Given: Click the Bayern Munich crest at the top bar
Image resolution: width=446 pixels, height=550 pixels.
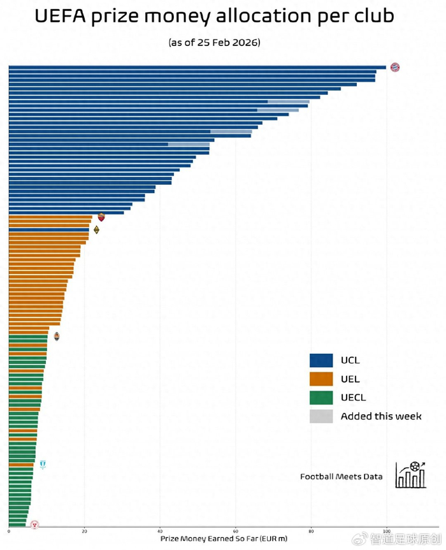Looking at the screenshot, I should [x=395, y=67].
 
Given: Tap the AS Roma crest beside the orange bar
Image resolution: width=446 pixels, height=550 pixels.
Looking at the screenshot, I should [x=101, y=217].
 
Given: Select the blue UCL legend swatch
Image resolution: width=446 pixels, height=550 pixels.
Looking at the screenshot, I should [x=321, y=360].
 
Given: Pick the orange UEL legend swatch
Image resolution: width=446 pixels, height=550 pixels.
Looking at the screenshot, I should [x=321, y=379].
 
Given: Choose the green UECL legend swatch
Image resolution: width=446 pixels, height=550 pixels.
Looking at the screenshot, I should [x=321, y=398].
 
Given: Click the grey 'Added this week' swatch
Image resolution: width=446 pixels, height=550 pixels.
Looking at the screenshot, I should [x=321, y=416].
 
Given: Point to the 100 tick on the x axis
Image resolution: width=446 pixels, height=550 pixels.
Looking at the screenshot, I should [x=386, y=530].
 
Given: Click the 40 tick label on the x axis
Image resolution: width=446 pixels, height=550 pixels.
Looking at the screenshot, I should [x=160, y=530].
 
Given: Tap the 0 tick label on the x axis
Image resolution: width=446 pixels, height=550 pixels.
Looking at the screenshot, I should [x=9, y=530].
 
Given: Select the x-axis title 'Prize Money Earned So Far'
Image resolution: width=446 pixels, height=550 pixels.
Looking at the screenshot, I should [x=223, y=539].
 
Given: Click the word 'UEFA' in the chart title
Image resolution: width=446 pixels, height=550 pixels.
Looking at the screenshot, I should [x=61, y=17].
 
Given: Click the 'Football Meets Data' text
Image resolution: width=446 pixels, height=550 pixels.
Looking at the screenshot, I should [x=342, y=476].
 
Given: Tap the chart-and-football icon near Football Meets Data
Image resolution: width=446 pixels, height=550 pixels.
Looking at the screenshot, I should [x=410, y=475].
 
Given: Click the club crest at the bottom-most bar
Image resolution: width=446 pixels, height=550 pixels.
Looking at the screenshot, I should [x=34, y=525].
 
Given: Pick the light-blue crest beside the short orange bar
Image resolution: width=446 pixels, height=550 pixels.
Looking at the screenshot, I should [x=43, y=465].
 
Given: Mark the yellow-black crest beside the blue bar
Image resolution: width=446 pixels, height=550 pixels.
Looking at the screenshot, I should [x=96, y=229].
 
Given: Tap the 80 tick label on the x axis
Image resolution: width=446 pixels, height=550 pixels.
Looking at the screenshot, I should [x=311, y=530].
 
